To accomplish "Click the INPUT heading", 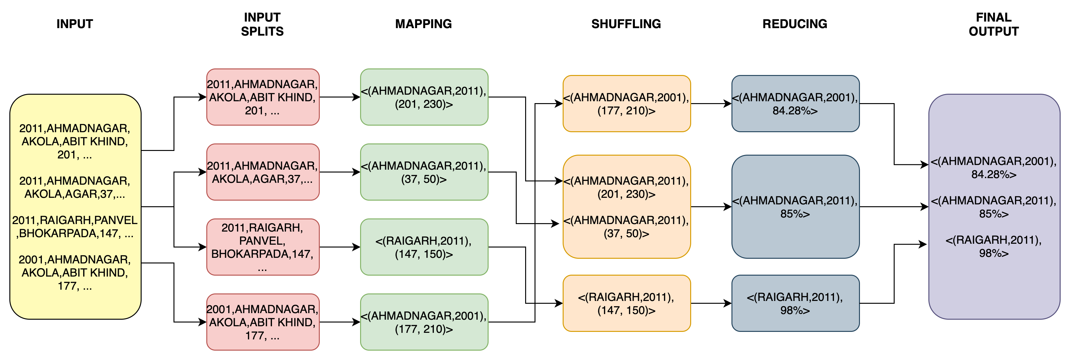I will pos(75,24).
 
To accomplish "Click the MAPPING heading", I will pos(423,24).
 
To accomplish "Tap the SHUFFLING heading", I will pos(626,24).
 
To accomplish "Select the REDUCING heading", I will pos(795,24).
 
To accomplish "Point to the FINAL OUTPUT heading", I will pos(993,24).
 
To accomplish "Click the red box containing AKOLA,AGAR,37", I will pos(263,172).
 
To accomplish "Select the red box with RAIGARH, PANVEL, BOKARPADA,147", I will pos(263,247).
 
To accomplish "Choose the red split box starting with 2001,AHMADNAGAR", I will pos(263,322).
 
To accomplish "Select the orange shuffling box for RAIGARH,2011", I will pos(626,303).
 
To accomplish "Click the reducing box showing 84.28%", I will pos(795,104).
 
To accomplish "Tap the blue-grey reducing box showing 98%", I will pos(795,303).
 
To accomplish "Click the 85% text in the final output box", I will pos(993,214).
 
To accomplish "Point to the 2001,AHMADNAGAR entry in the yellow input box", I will pos(75,272).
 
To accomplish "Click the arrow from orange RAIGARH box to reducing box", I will pos(710,303).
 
